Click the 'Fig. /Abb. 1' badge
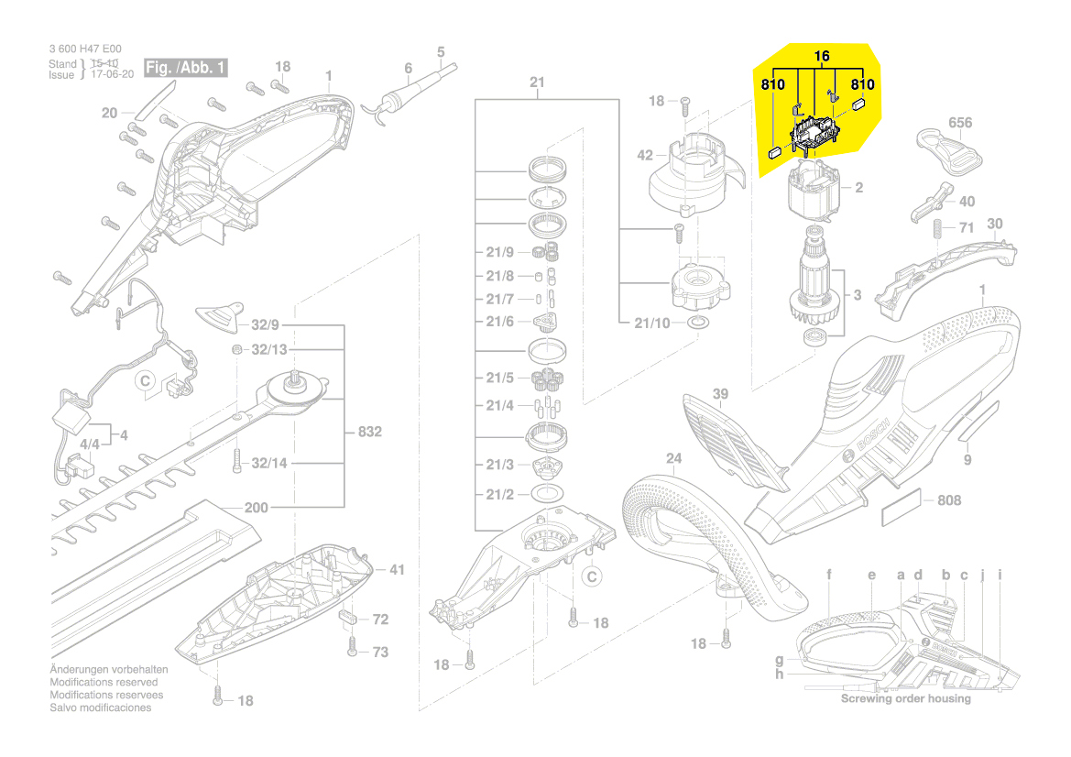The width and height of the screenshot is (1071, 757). (x=190, y=68)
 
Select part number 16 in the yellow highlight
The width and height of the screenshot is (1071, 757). (x=822, y=57)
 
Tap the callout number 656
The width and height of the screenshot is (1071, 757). (x=959, y=123)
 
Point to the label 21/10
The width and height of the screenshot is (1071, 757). (x=651, y=323)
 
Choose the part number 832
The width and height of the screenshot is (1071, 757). (x=369, y=432)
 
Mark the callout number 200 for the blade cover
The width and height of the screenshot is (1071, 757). (x=256, y=508)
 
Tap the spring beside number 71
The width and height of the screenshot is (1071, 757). (x=937, y=229)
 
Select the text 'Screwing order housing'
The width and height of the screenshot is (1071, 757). (x=905, y=698)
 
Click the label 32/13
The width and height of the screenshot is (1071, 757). (x=269, y=349)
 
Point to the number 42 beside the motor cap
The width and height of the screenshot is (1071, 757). (x=645, y=156)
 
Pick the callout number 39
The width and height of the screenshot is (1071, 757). (x=721, y=394)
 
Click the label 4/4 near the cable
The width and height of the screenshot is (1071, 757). (x=91, y=445)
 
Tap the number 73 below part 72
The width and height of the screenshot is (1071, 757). (x=379, y=652)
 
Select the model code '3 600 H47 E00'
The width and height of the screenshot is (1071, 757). (x=84, y=49)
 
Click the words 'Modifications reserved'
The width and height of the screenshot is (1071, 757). (x=104, y=682)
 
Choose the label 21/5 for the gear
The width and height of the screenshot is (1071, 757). (x=500, y=378)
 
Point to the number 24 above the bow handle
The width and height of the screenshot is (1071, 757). (x=674, y=458)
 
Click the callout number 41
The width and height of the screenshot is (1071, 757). (x=396, y=569)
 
